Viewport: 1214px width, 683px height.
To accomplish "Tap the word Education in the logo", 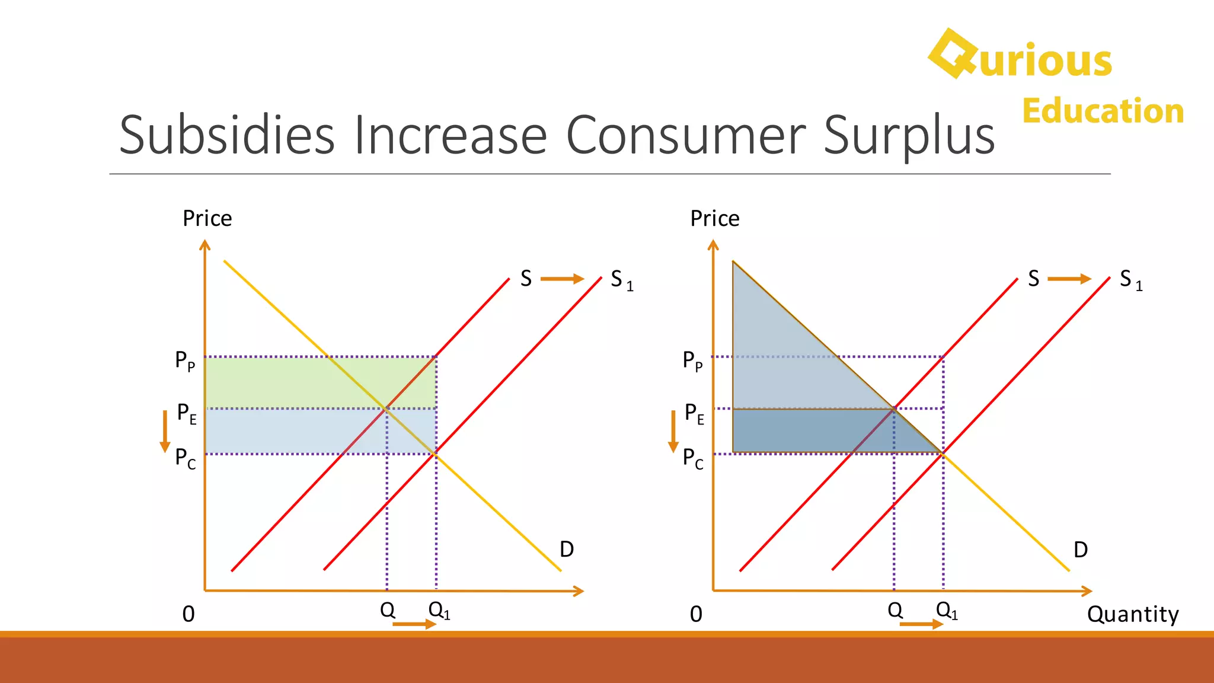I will [x=1103, y=111].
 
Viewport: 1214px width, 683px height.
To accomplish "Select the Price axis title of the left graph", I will [x=207, y=219].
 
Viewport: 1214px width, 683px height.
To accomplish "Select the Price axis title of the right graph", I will [x=715, y=219].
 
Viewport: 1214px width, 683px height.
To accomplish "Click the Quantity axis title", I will [x=1132, y=614].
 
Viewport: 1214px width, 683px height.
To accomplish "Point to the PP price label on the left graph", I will [x=185, y=360].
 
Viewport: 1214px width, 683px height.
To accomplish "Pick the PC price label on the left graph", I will [x=185, y=458].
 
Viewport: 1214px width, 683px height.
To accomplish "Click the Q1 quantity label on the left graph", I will [x=439, y=610].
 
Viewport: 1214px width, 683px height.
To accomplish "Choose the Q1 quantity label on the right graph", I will [x=947, y=610].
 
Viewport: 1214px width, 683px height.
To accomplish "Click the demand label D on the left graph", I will [x=567, y=550].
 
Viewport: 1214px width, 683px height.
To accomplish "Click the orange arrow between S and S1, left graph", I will [x=562, y=279].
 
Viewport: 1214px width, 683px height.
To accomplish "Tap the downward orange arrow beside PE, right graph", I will [x=673, y=431].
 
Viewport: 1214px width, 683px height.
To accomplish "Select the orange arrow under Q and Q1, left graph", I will [x=414, y=624].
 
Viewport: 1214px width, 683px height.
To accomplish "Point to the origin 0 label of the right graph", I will [x=696, y=614].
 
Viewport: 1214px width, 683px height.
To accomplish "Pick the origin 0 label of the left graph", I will [x=189, y=614].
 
